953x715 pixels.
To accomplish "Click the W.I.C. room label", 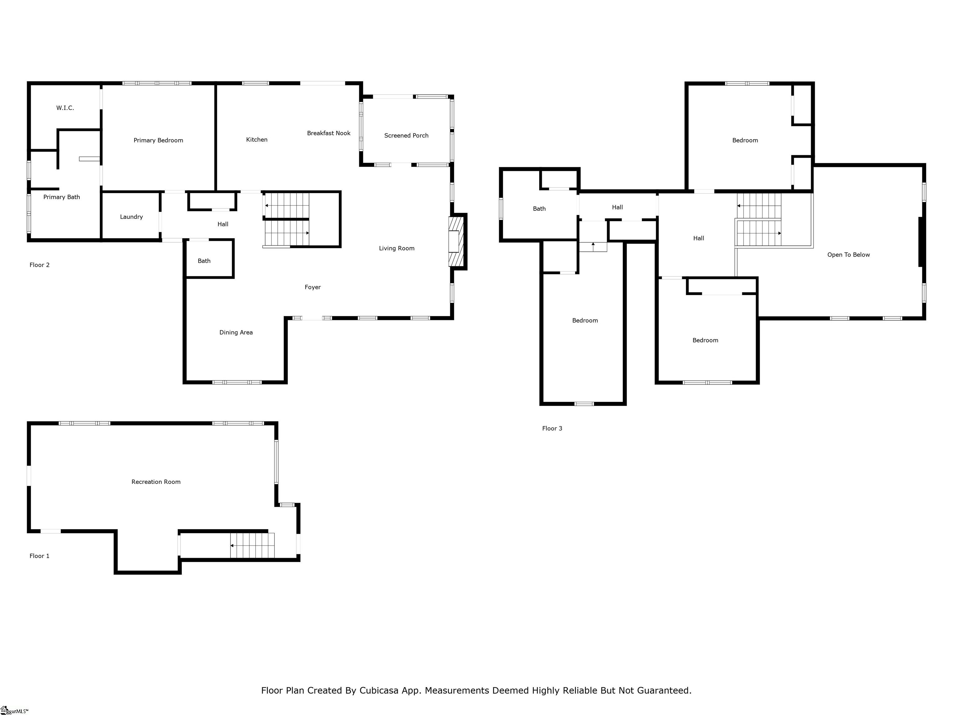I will (x=65, y=108).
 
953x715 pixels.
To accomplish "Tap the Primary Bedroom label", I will (x=158, y=140).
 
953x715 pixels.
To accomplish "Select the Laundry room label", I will (x=132, y=217).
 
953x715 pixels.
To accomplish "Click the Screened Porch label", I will (x=406, y=135).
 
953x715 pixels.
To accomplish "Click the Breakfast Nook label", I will (x=329, y=133).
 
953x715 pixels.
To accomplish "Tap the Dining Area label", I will (x=236, y=332).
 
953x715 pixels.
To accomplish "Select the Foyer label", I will (x=313, y=287).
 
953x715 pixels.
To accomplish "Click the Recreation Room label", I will (x=156, y=482).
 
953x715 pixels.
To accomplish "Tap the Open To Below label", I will (x=848, y=255).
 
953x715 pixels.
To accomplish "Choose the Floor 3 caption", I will (x=552, y=428).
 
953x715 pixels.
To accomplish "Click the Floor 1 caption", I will (x=39, y=556).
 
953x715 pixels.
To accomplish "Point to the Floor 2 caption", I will (x=39, y=265).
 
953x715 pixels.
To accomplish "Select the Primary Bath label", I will (x=62, y=197).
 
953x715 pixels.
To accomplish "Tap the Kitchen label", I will (x=257, y=140).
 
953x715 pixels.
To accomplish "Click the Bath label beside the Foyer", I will (x=204, y=261).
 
